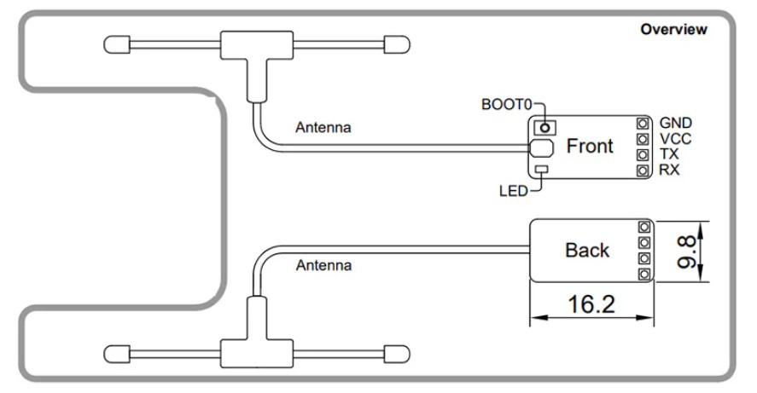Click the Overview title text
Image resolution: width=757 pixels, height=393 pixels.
click(x=673, y=30)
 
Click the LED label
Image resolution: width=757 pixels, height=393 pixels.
click(x=513, y=189)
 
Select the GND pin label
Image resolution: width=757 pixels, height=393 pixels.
click(x=676, y=123)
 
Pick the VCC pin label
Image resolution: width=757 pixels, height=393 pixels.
click(x=675, y=139)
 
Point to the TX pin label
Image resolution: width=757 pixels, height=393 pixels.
click(x=669, y=155)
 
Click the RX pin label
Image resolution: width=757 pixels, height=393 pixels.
click(x=670, y=171)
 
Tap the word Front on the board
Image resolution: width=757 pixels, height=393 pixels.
click(x=590, y=147)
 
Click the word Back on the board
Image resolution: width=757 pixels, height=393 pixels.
click(x=587, y=251)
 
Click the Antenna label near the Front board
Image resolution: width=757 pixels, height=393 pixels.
click(x=323, y=128)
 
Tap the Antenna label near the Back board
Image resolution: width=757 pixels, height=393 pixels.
click(x=323, y=266)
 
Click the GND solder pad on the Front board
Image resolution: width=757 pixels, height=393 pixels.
click(x=642, y=123)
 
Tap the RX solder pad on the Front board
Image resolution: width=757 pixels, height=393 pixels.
click(x=642, y=171)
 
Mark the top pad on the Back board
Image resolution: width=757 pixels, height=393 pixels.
click(x=643, y=227)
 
